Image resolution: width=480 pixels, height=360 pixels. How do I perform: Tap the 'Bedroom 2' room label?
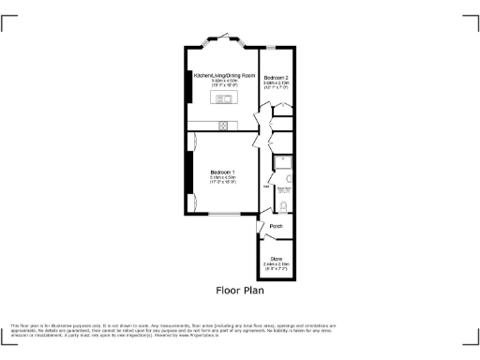point(276,76)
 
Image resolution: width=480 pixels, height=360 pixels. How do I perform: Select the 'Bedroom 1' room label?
point(223,172)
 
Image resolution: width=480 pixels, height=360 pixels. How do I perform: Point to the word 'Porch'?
point(277,226)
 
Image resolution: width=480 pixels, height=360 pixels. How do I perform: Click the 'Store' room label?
point(277,258)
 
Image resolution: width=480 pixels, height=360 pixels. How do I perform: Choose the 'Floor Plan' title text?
point(240,290)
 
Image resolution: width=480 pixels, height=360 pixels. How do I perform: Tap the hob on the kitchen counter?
point(223,126)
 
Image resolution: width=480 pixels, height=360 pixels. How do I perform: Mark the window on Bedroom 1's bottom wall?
point(223,215)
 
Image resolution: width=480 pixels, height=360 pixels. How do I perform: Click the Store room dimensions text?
point(277,265)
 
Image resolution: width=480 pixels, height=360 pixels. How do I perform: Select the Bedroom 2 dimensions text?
point(276,84)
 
